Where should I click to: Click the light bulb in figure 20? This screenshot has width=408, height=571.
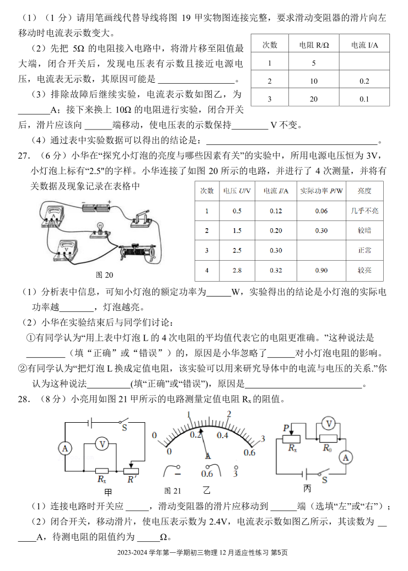pyautogui.click(x=100, y=228)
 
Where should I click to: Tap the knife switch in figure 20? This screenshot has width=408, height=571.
pyautogui.click(x=143, y=219)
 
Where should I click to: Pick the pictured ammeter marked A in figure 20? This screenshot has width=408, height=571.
pyautogui.click(x=53, y=215)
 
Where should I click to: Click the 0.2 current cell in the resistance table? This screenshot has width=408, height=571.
pyautogui.click(x=364, y=81)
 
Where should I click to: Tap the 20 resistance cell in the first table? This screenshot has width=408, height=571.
pyautogui.click(x=313, y=99)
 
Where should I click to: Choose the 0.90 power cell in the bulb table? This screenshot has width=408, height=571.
pyautogui.click(x=321, y=271)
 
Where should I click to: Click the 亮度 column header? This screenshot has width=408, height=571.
pyautogui.click(x=364, y=191)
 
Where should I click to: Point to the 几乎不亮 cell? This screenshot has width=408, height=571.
pyautogui.click(x=364, y=211)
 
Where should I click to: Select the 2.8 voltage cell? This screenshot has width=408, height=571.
pyautogui.click(x=237, y=271)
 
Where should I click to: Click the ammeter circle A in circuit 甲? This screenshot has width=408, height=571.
pyautogui.click(x=65, y=449)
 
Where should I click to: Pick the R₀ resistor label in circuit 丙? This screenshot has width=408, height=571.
pyautogui.click(x=328, y=447)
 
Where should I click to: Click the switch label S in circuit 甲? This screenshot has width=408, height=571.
pyautogui.click(x=125, y=427)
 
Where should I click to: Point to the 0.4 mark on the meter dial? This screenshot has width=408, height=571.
pyautogui.click(x=222, y=435)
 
